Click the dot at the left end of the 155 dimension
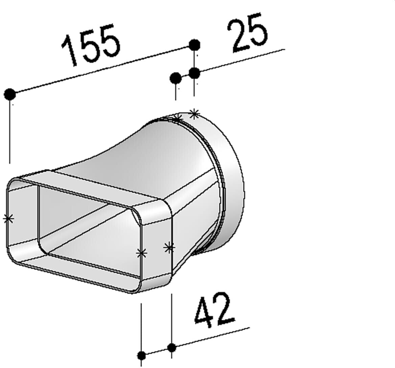pos(10,94)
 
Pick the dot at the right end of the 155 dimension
pos(194,45)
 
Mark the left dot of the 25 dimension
pos(176,78)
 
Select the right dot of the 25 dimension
pos(194,73)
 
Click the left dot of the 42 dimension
pos(141,355)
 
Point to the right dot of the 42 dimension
pos(172,347)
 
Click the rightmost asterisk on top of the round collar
pos(194,114)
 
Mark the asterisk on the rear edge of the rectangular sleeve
pos(169,248)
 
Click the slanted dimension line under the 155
pos(101,70)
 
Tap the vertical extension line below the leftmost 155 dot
pos(10,132)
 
